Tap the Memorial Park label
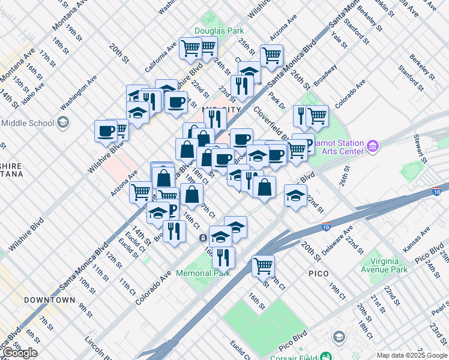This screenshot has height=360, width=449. tap(203, 273)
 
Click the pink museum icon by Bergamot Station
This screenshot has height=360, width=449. tap(373, 146)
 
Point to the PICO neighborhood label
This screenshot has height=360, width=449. tap(318, 274)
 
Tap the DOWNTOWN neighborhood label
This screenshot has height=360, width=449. tap(49, 299)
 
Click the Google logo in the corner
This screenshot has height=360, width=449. tap(19, 353)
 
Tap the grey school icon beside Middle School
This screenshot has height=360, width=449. tap(63, 123)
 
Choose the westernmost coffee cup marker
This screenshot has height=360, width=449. tap(106, 130)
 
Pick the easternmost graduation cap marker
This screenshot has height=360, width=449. tap(295, 196)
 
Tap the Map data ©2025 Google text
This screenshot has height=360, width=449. tap(411, 355)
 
